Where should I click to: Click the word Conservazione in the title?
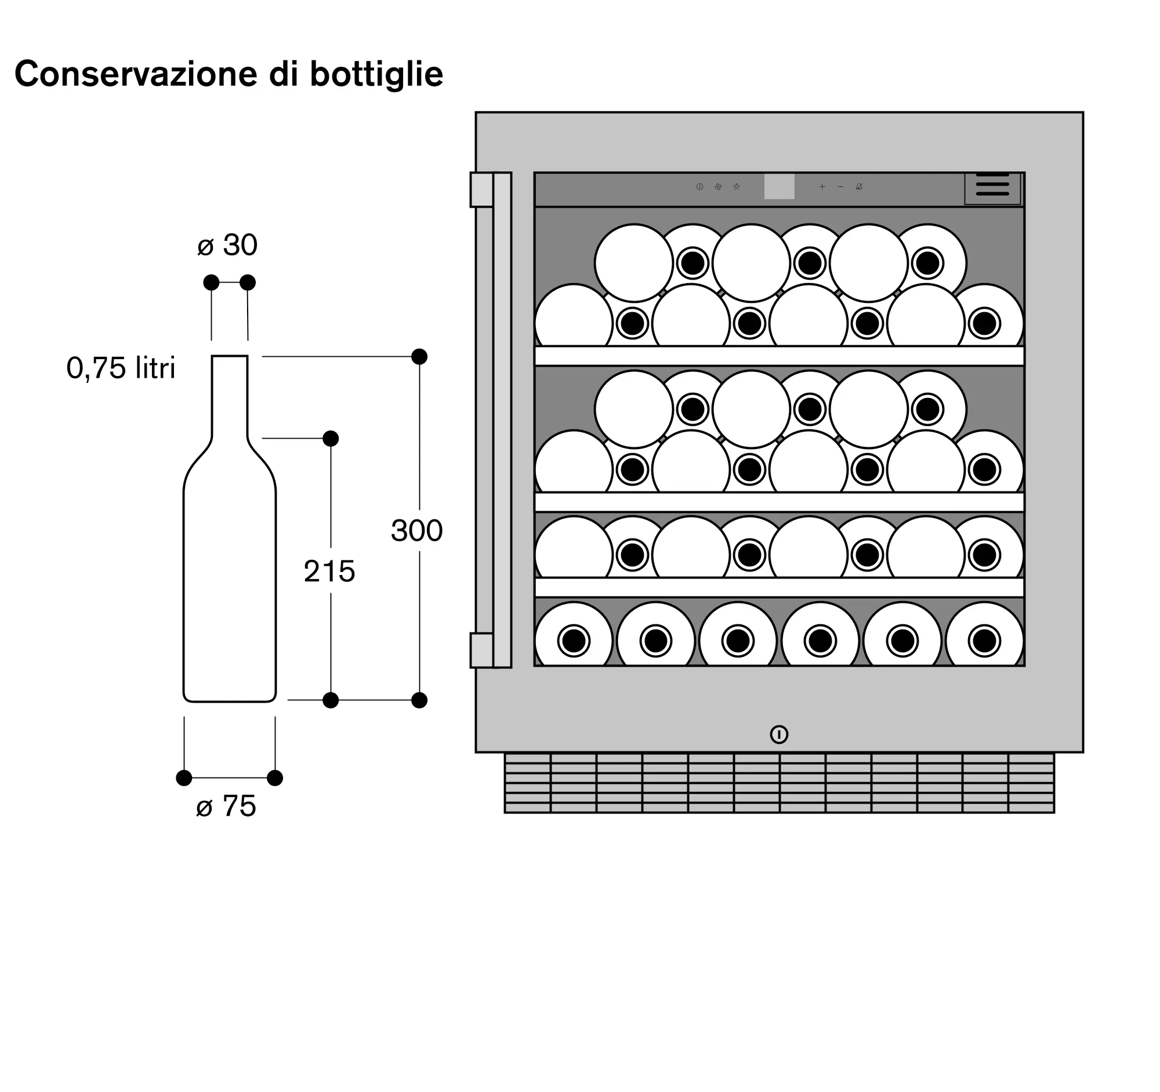pos(136,74)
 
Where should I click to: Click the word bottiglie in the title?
pos(376,74)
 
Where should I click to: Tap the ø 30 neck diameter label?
pos(227,245)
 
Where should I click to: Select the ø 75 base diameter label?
pos(226,806)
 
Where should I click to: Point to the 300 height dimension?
pos(416,530)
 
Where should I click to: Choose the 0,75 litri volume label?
pos(121,368)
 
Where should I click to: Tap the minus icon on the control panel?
pos(840,187)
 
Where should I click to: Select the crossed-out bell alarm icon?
pos(859,187)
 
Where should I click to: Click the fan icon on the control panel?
pos(718,187)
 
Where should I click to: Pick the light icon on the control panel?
pos(737,187)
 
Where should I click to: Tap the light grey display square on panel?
pos(779,187)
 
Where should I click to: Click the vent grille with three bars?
pos(992,189)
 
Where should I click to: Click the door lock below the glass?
pos(779,734)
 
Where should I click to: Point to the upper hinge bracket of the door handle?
pos(483,190)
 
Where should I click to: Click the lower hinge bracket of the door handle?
pos(483,650)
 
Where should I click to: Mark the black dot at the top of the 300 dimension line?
pos(419,357)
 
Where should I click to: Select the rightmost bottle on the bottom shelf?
pos(984,635)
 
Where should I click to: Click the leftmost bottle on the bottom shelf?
pos(574,635)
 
